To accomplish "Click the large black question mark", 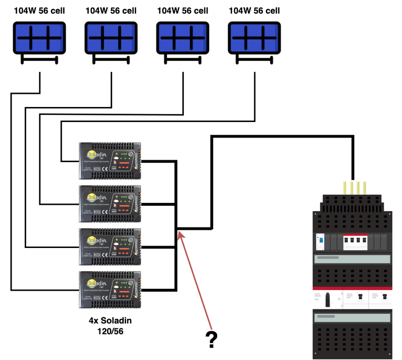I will click(x=212, y=340).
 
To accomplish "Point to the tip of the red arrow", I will click(x=179, y=232).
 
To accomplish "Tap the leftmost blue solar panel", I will click(x=39, y=38).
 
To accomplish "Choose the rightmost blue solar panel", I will click(x=254, y=38).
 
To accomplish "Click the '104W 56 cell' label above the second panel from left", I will click(x=111, y=10).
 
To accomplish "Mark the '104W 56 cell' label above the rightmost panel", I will click(x=254, y=10).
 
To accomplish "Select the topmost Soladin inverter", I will click(x=111, y=161).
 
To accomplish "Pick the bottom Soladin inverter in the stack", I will click(x=111, y=290).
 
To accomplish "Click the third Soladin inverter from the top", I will click(x=111, y=247).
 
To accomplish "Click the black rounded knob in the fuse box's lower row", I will click(x=327, y=300).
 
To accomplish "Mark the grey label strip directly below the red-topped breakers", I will click(x=352, y=259).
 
